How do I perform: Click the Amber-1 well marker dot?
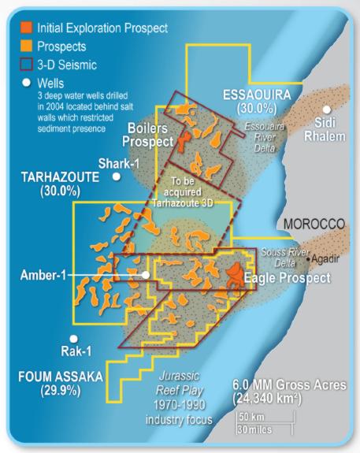pyautogui.click(x=145, y=275)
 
